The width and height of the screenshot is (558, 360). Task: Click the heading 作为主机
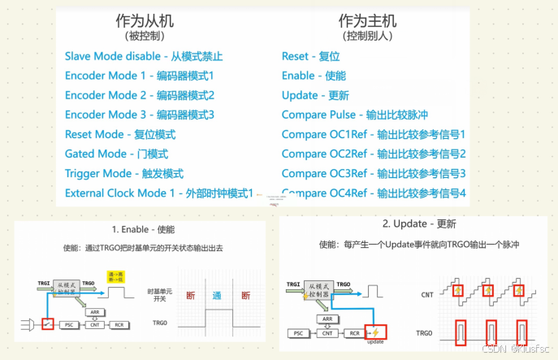click(x=367, y=21)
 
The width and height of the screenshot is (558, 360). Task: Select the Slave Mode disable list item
click(x=143, y=56)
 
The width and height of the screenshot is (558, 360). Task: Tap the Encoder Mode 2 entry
click(x=139, y=95)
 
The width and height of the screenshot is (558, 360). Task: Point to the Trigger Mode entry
click(x=123, y=173)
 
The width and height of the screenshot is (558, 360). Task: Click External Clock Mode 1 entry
click(x=159, y=193)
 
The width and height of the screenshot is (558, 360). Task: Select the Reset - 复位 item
click(x=310, y=56)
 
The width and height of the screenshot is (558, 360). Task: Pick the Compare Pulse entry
click(x=354, y=115)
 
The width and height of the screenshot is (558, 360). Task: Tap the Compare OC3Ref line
click(x=374, y=173)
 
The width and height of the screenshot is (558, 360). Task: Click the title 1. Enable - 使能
click(x=143, y=230)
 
